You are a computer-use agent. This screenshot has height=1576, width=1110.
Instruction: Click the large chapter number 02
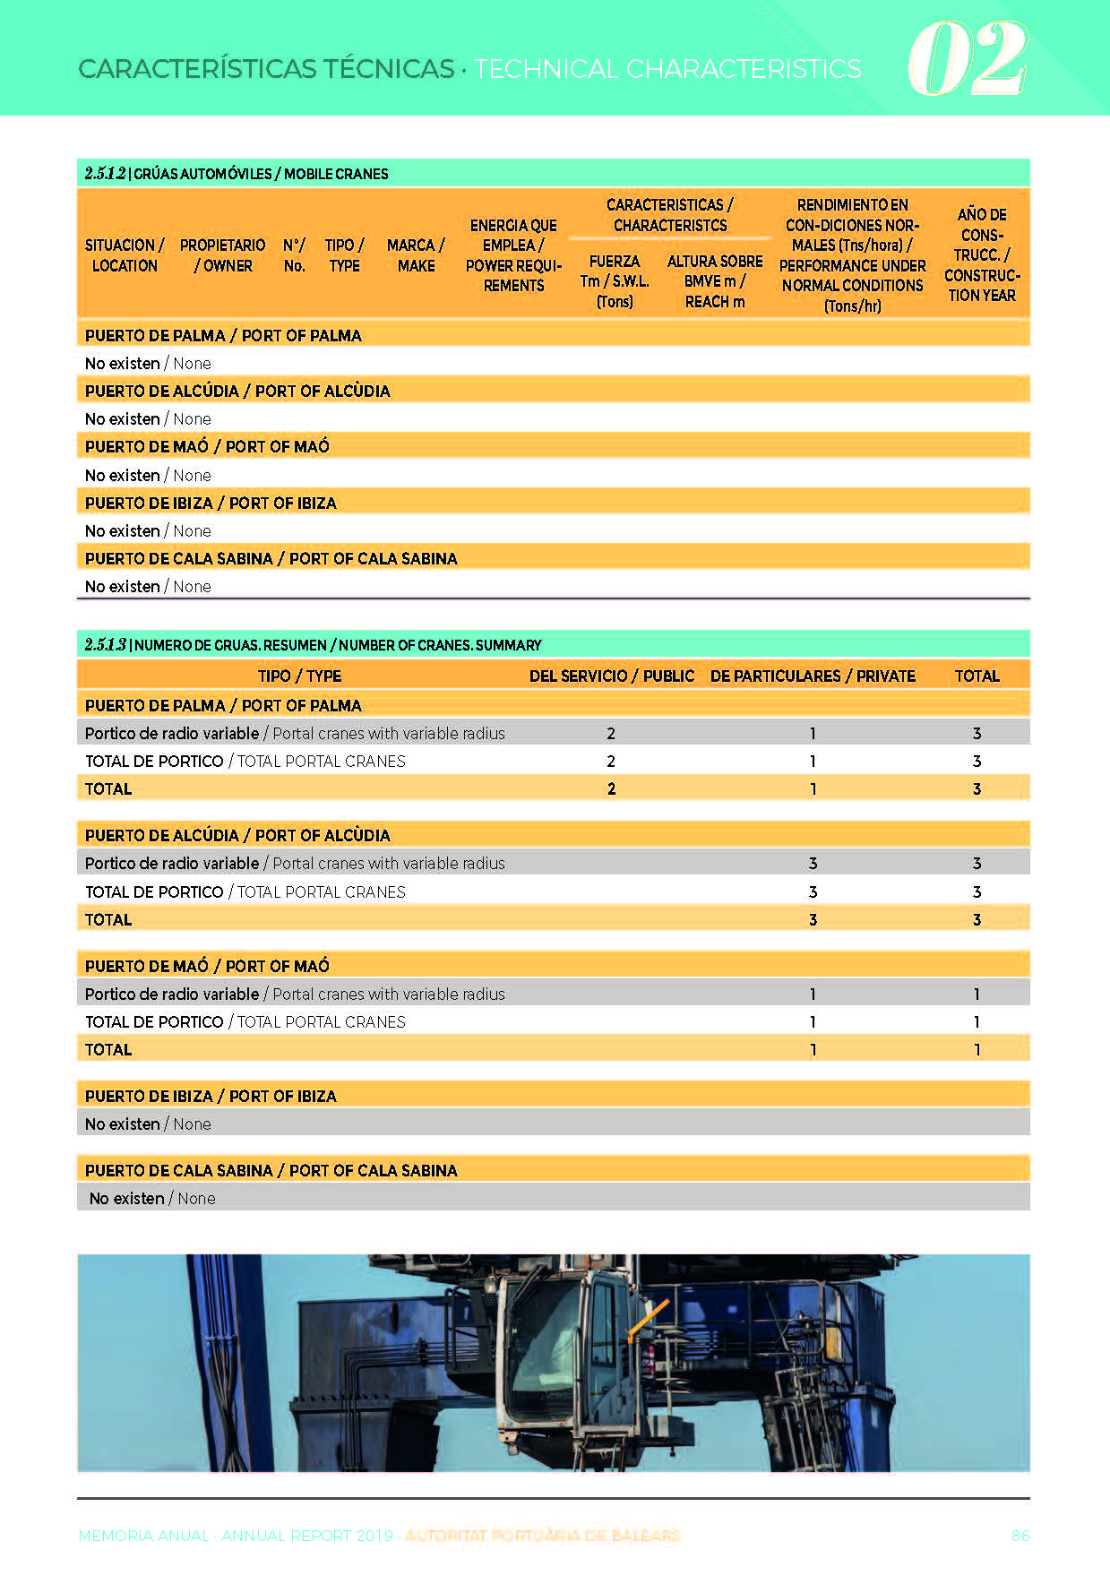967,59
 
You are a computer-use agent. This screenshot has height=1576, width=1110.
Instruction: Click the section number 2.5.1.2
105,174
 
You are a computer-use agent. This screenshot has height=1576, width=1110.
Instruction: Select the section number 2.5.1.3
105,645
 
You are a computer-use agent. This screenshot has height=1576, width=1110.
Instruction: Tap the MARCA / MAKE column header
416,255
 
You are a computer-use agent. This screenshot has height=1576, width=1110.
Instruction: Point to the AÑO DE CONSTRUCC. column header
981,254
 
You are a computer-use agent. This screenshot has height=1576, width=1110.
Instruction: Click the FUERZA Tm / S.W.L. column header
615,281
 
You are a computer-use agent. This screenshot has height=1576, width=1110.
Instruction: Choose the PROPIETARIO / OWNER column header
222,255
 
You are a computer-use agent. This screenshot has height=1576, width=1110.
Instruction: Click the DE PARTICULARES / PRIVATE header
813,676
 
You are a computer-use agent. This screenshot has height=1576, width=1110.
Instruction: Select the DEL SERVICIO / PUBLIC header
611,676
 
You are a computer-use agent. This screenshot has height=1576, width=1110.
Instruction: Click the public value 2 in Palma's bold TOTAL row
611,789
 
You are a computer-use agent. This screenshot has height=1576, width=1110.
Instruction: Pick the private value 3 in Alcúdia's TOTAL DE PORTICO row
813,892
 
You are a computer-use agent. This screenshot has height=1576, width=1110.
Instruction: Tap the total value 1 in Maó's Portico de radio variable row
977,995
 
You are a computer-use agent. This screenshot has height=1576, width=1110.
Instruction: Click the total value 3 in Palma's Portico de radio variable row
977,734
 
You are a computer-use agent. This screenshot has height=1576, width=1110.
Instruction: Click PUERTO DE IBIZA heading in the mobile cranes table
211,504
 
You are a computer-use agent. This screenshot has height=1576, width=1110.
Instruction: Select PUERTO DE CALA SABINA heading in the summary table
271,1171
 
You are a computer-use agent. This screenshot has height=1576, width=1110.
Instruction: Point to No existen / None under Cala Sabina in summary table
152,1199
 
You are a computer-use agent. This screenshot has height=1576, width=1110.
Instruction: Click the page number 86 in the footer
1020,1536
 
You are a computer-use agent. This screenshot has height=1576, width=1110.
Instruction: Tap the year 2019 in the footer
374,1536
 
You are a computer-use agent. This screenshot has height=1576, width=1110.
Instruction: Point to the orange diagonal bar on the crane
648,1319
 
